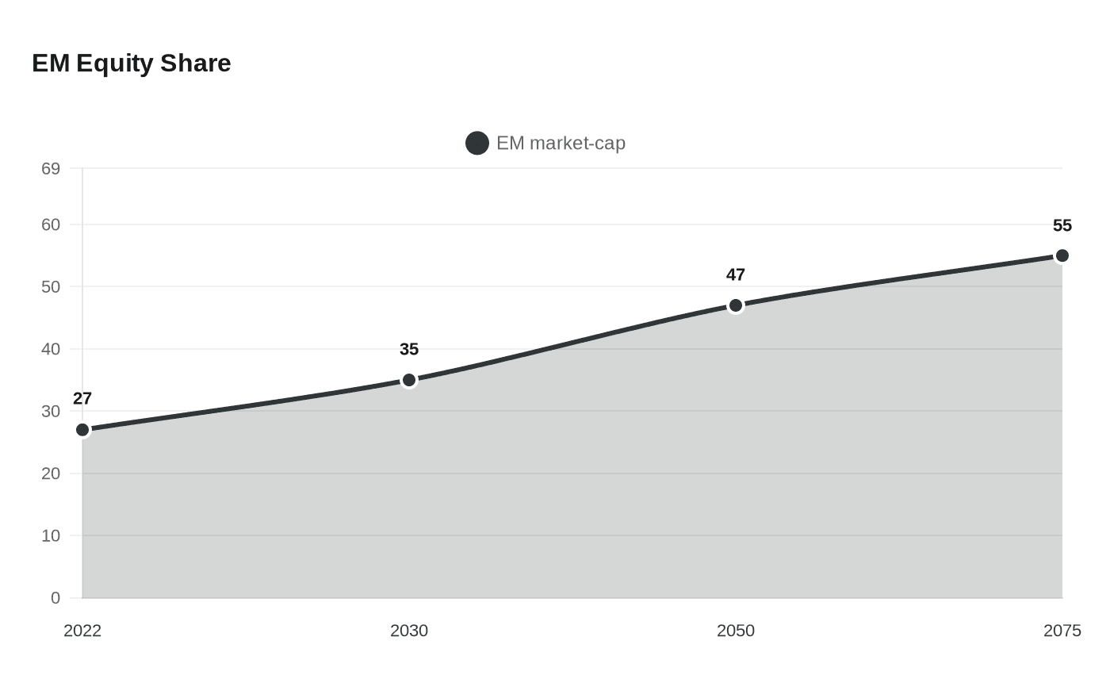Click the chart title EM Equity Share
point(132,63)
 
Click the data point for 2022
point(82,430)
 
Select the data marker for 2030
point(409,380)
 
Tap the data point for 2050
point(736,305)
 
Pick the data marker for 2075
point(1062,255)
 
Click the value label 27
point(82,398)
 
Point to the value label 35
point(409,349)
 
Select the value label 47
point(736,274)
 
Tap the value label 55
point(1062,225)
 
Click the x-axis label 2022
point(82,631)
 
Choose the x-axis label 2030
point(409,631)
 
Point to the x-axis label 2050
point(736,631)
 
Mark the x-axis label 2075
point(1062,631)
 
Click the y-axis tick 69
point(51,168)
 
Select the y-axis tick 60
point(51,224)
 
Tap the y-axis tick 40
point(51,349)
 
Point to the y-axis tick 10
point(51,535)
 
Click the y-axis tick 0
point(55,598)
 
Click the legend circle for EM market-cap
point(477,144)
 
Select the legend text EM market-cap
point(561,144)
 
